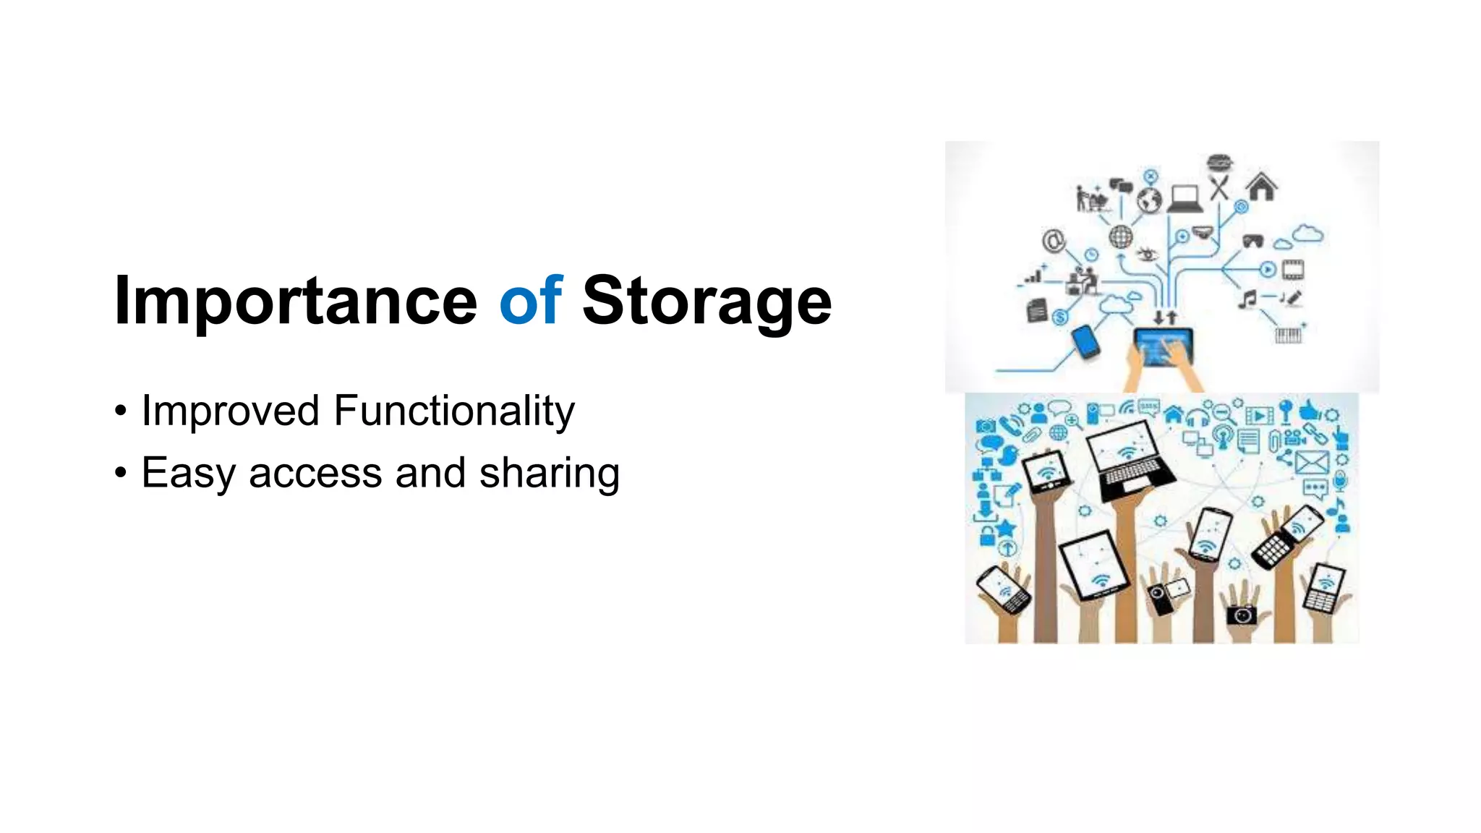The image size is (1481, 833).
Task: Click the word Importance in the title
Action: point(295,301)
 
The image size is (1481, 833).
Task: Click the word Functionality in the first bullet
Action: point(453,411)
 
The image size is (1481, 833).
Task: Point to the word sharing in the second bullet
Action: point(550,474)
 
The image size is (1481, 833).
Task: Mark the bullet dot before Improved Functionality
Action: point(121,411)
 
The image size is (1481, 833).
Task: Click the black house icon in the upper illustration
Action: point(1262,187)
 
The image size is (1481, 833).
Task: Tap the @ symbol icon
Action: point(1054,239)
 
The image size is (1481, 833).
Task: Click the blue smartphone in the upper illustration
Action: point(1085,341)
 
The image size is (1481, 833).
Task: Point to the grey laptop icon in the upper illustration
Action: point(1185,199)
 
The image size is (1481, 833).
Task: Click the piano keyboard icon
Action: point(1288,335)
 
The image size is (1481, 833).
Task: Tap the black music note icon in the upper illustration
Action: point(1247,299)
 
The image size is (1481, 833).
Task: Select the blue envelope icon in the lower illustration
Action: point(1311,461)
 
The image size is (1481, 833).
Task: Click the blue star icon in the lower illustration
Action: point(1006,528)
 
